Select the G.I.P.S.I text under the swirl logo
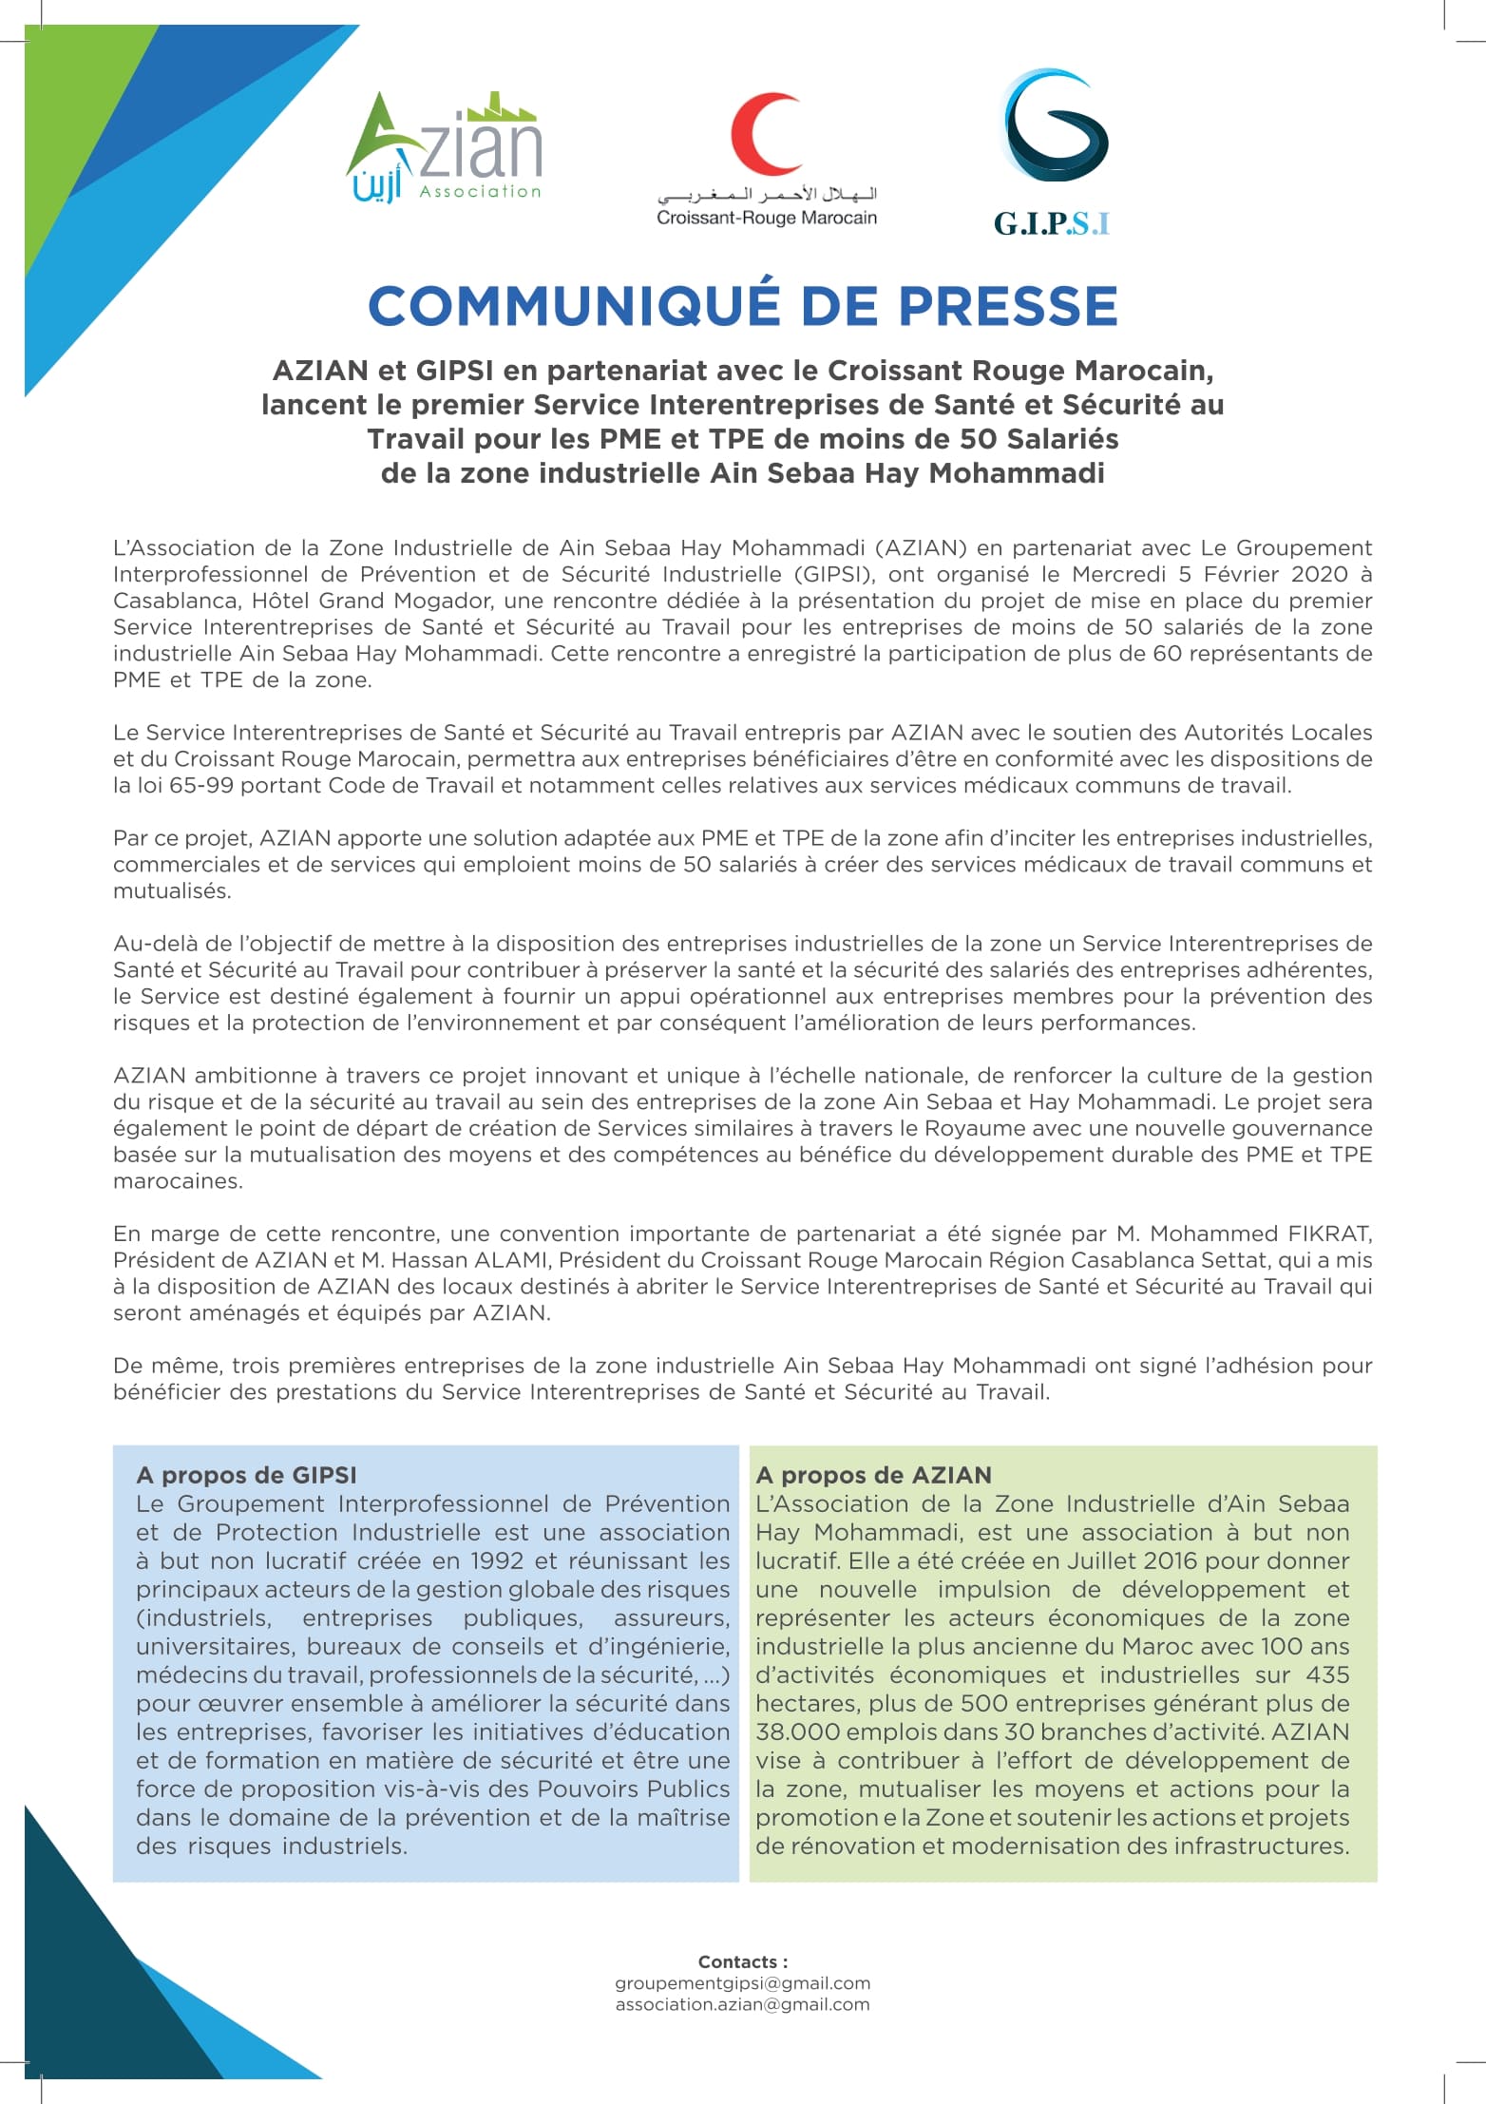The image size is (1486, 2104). coord(1052,223)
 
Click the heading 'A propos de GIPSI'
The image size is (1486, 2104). coord(246,1475)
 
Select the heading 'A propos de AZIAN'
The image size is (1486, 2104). coord(873,1475)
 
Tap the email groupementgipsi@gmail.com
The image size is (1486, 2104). coord(742,1983)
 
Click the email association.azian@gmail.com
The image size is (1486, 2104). coord(742,2004)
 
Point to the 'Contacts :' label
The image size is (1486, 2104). coord(742,1961)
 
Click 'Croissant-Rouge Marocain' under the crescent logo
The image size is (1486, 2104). coord(767,218)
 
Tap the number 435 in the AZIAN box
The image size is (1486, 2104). coord(1327,1674)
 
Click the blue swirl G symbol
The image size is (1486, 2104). coord(1057,125)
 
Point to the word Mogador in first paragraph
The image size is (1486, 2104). coord(442,601)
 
